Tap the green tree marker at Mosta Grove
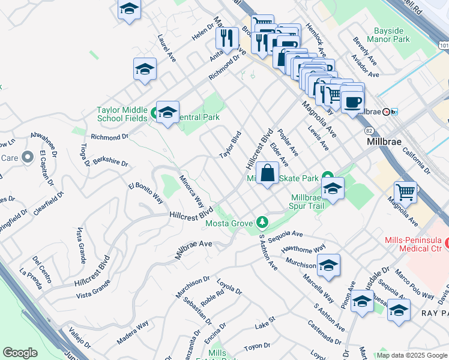pos(262,223)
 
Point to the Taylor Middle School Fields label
pos(122,114)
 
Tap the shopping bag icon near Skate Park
pos(267,173)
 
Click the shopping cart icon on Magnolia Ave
pos(406,193)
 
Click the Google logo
pos(20,353)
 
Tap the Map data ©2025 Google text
pos(411,355)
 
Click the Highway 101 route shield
pos(443,45)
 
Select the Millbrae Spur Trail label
pos(307,202)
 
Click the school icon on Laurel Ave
pos(145,70)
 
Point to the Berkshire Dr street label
pos(110,163)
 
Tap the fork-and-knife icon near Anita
pos(227,38)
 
